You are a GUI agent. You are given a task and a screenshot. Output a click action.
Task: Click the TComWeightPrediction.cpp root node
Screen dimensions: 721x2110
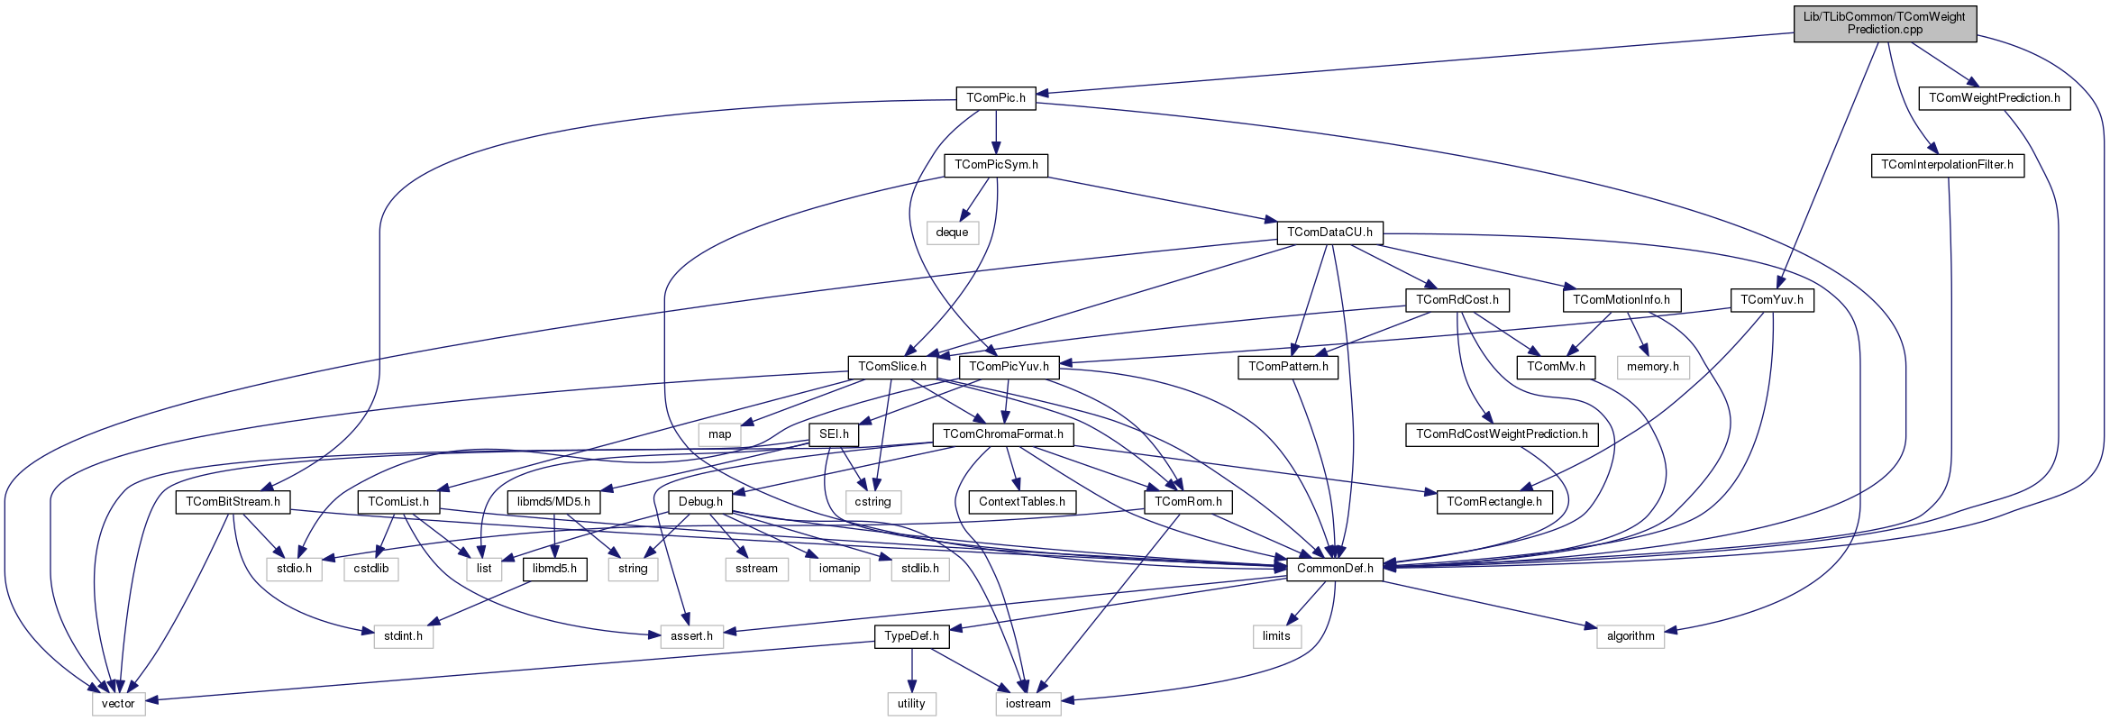click(x=1885, y=23)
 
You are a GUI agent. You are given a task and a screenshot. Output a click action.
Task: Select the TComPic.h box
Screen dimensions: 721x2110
click(x=996, y=98)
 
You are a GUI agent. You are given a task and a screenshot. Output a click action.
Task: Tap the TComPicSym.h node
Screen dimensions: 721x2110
click(x=996, y=165)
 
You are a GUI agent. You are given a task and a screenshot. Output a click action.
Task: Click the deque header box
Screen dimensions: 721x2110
click(x=952, y=233)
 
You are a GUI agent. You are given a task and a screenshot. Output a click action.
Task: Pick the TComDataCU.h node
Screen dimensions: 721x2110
click(x=1329, y=233)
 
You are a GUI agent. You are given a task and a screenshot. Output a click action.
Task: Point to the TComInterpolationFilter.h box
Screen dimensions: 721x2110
click(x=1947, y=166)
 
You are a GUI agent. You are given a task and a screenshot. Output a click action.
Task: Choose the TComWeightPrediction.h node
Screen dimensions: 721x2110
click(x=1994, y=98)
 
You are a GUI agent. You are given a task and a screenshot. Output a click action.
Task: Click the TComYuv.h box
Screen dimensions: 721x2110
click(x=1771, y=300)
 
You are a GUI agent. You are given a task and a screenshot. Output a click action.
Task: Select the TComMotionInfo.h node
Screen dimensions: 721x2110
click(x=1621, y=300)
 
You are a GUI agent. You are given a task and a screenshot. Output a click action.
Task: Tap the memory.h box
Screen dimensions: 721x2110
click(x=1652, y=367)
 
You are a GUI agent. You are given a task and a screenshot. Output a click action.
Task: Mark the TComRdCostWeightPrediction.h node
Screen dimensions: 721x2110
click(x=1502, y=434)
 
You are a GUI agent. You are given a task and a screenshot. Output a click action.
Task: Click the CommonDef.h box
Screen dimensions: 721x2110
click(x=1335, y=569)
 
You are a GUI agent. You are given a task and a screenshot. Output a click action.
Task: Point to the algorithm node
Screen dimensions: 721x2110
click(x=1630, y=636)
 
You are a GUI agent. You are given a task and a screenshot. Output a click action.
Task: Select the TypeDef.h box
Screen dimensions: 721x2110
click(x=911, y=636)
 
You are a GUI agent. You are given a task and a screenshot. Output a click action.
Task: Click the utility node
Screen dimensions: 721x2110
click(x=911, y=704)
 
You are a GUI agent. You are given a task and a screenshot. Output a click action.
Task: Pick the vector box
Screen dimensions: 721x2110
click(x=118, y=704)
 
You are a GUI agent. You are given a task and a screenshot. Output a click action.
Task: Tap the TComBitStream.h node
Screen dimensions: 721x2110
click(x=233, y=502)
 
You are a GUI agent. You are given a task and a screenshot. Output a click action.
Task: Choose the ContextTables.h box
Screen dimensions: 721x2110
click(x=1021, y=502)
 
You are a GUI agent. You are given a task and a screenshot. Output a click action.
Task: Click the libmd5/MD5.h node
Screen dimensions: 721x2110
click(x=553, y=502)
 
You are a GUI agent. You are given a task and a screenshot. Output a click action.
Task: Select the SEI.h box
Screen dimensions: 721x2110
click(x=834, y=434)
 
